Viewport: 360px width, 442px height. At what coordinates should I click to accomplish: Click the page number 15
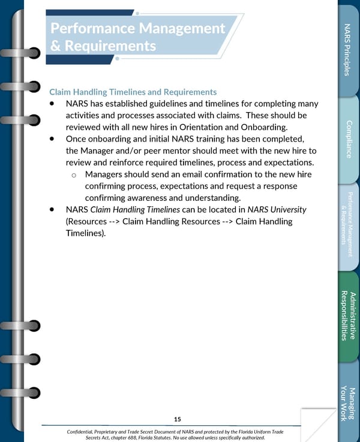177,419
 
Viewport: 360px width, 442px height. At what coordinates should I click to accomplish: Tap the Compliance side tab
348,140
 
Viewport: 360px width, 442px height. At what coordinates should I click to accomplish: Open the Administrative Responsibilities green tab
348,315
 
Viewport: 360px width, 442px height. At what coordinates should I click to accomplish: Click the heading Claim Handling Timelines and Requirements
133,92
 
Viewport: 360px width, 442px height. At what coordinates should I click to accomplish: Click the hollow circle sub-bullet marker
73,175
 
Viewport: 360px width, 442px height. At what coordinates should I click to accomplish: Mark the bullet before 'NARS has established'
53,104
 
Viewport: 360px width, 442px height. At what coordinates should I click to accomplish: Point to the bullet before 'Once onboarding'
53,139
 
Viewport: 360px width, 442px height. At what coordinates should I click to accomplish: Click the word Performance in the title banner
93,28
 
